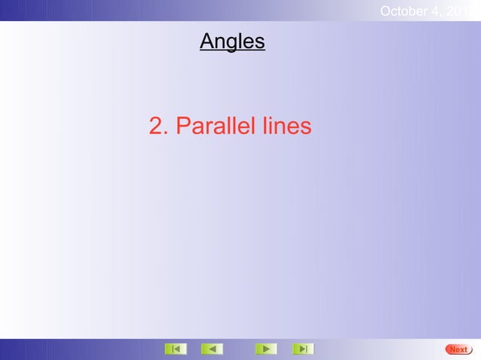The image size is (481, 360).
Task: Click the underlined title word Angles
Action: pyautogui.click(x=232, y=41)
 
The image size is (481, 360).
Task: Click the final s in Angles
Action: pyautogui.click(x=259, y=42)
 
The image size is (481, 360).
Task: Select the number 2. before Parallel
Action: pyautogui.click(x=158, y=127)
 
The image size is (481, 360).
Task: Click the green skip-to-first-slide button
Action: pyautogui.click(x=176, y=349)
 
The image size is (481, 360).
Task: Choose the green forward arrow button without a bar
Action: pyautogui.click(x=265, y=349)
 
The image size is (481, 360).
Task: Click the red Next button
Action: pyautogui.click(x=458, y=349)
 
